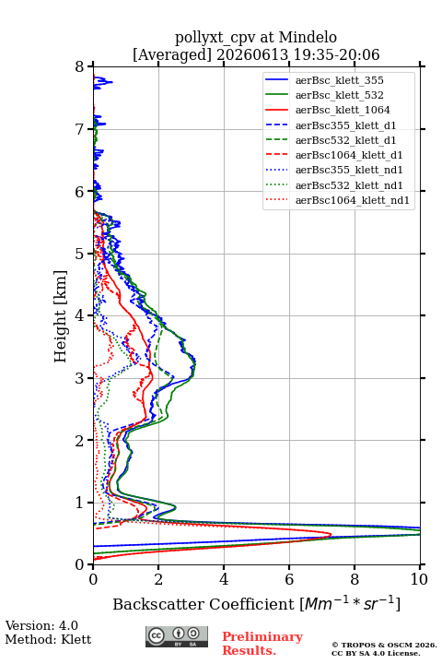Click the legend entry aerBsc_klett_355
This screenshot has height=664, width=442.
(x=339, y=80)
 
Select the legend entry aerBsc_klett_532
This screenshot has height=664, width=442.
(x=339, y=95)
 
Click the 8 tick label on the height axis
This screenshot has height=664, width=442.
(x=80, y=66)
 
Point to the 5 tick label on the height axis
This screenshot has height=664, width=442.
(x=80, y=254)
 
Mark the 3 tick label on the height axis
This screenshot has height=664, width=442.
(x=80, y=378)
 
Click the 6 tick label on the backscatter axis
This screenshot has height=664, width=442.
(x=289, y=579)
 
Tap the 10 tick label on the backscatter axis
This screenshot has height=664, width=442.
(x=419, y=579)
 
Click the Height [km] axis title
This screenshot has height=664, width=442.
(x=61, y=316)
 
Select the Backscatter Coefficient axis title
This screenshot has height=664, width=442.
(x=256, y=603)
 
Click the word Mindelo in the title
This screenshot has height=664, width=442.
(x=308, y=37)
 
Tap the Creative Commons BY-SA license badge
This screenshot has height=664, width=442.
(x=177, y=637)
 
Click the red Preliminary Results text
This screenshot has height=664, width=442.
(x=262, y=644)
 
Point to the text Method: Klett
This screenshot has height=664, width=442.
(x=48, y=639)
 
